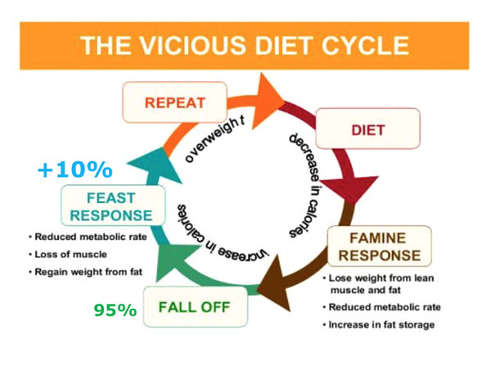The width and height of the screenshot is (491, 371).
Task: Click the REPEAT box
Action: click(x=175, y=102)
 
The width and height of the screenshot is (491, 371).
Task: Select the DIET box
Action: click(x=368, y=129)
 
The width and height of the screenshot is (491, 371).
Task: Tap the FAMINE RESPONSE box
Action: click(x=379, y=247)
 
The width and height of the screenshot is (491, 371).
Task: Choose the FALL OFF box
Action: click(x=196, y=307)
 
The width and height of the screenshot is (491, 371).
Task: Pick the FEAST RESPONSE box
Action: click(x=113, y=206)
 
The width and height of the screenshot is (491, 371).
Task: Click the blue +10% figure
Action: click(x=74, y=170)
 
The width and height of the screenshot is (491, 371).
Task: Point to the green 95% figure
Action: click(x=115, y=310)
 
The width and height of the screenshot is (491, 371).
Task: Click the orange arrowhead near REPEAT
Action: click(x=268, y=101)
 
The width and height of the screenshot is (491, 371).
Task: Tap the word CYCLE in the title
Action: click(x=366, y=46)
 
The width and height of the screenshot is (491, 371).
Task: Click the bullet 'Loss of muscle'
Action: click(x=68, y=254)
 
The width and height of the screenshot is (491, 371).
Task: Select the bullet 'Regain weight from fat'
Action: click(x=85, y=272)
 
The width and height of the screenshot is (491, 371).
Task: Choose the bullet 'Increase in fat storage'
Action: click(x=379, y=324)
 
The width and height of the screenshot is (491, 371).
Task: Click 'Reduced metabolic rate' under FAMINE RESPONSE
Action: click(x=381, y=307)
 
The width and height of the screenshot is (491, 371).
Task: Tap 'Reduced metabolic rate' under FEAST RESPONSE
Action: click(x=88, y=237)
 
